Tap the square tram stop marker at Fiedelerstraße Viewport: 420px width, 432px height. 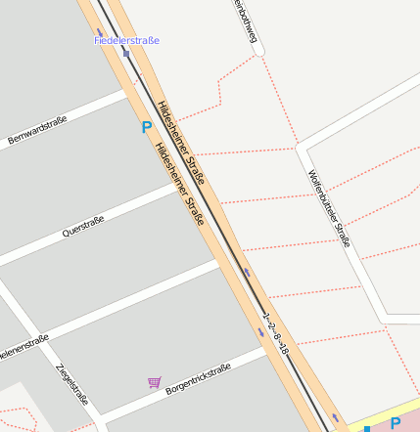click(126, 54)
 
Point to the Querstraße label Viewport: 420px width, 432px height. click(82, 227)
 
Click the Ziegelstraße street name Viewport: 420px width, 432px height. click(72, 384)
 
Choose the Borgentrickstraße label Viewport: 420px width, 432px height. click(198, 378)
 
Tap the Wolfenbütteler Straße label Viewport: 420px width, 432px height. click(329, 207)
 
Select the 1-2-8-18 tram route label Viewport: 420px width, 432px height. click(277, 333)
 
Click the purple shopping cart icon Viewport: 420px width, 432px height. click(154, 382)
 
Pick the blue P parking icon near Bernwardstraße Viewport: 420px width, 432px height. click(147, 127)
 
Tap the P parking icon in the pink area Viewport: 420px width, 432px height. click(396, 423)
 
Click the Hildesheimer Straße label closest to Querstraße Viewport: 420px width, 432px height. click(178, 185)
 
